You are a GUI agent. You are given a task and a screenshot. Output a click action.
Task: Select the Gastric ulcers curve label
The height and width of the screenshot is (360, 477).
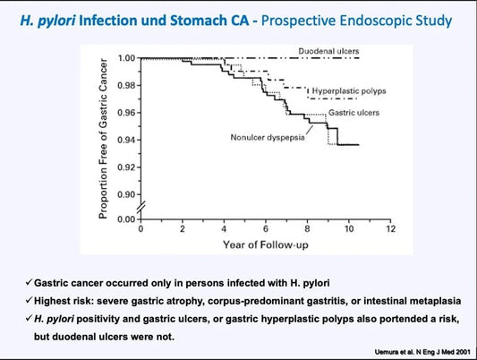353,113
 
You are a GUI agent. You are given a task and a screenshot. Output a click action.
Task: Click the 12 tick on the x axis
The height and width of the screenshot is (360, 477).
389,229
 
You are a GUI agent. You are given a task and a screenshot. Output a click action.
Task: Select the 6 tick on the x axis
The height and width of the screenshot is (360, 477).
265,229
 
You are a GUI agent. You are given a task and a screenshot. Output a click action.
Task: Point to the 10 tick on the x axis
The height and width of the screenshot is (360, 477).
347,229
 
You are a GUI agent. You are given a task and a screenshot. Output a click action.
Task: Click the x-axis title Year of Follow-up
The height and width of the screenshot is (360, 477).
265,243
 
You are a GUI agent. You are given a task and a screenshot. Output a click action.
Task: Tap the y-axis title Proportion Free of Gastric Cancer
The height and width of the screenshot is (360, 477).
105,140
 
